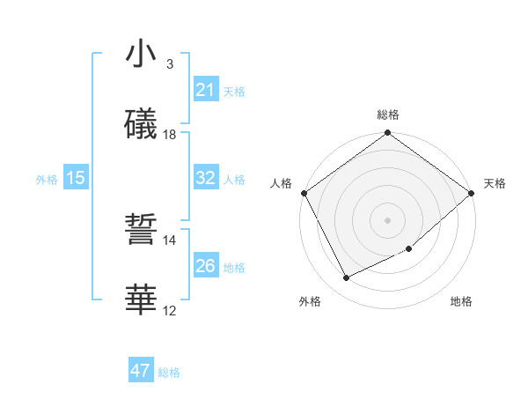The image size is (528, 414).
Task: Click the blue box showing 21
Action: (205, 89)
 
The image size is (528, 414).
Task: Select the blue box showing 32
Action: (205, 178)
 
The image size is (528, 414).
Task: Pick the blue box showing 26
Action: (205, 266)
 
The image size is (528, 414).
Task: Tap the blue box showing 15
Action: (76, 178)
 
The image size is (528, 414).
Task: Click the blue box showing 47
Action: (141, 371)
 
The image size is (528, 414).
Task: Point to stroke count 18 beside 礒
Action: (170, 134)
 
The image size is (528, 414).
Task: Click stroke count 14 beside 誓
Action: (170, 240)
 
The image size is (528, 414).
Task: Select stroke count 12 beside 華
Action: (170, 310)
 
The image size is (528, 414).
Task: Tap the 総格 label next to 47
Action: (170, 373)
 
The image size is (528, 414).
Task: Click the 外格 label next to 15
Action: (47, 179)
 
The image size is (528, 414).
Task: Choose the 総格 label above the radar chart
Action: (387, 115)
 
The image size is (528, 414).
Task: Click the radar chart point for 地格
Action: (409, 249)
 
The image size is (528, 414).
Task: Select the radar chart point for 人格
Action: (304, 193)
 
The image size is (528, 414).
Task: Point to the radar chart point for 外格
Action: (346, 278)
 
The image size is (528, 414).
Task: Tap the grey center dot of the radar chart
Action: (387, 220)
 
